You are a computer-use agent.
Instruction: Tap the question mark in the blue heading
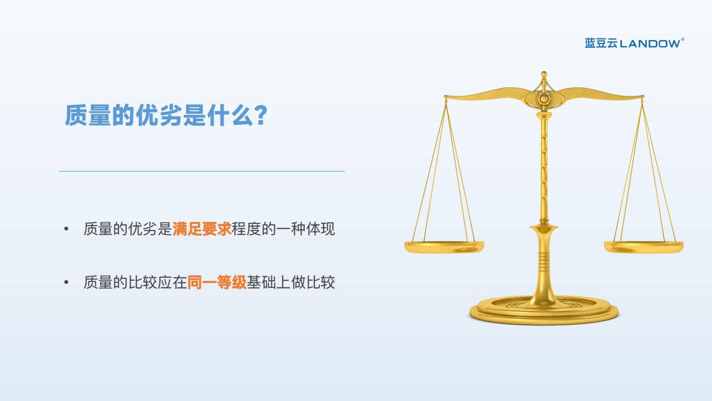[x=261, y=115]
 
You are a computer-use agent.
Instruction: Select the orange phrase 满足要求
[x=202, y=229]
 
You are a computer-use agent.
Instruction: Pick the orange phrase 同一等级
[x=217, y=282]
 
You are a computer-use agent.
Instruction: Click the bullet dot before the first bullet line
[x=66, y=229]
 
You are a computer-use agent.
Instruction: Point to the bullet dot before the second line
[x=66, y=282]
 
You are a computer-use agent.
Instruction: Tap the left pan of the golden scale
[x=444, y=247]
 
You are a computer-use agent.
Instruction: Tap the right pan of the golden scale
[x=644, y=247]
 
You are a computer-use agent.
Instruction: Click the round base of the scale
[x=544, y=311]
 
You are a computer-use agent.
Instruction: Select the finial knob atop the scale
[x=544, y=75]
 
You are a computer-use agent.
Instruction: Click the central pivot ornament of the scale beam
[x=544, y=99]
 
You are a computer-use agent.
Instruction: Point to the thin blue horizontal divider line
[x=202, y=171]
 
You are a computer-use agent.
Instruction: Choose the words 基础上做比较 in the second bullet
[x=291, y=282]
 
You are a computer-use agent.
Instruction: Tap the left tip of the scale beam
[x=446, y=96]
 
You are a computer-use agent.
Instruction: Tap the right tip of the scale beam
[x=642, y=96]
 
